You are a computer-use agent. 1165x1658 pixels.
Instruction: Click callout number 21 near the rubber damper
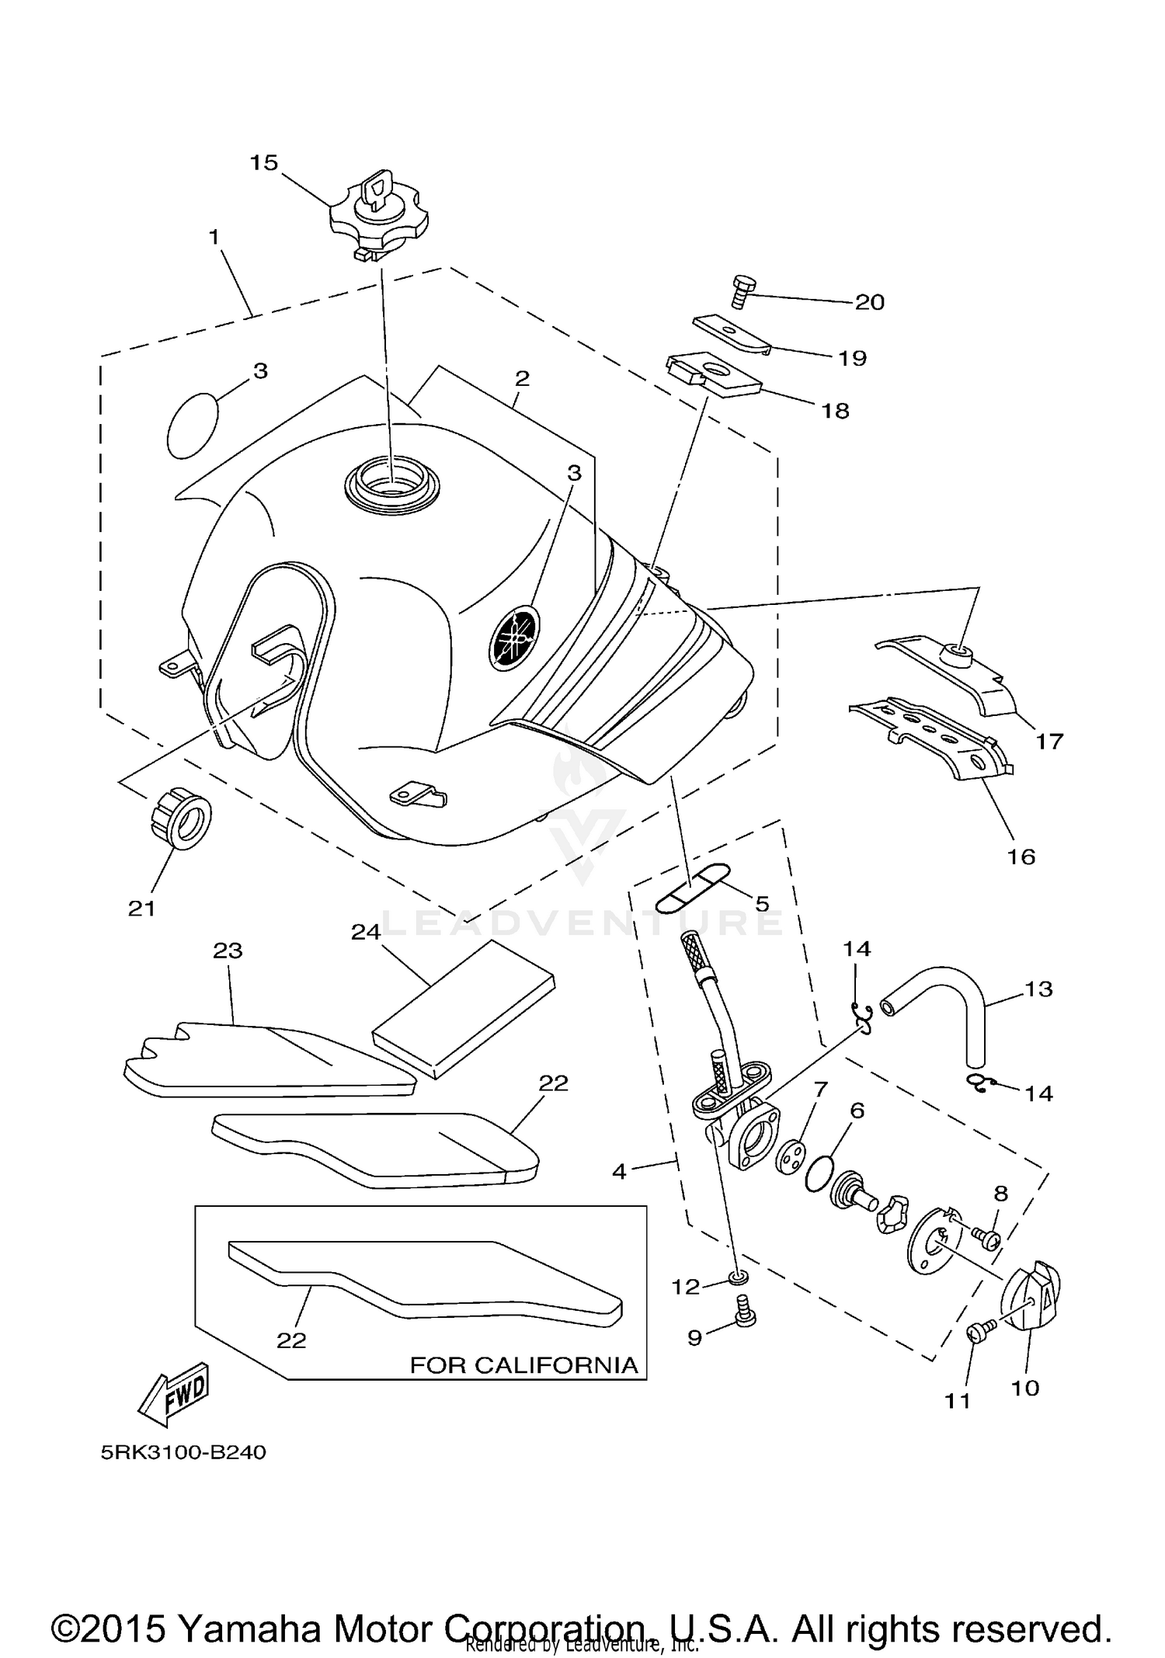142,907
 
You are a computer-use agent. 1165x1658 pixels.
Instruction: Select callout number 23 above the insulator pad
228,951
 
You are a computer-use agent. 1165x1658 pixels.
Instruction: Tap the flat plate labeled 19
730,334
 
